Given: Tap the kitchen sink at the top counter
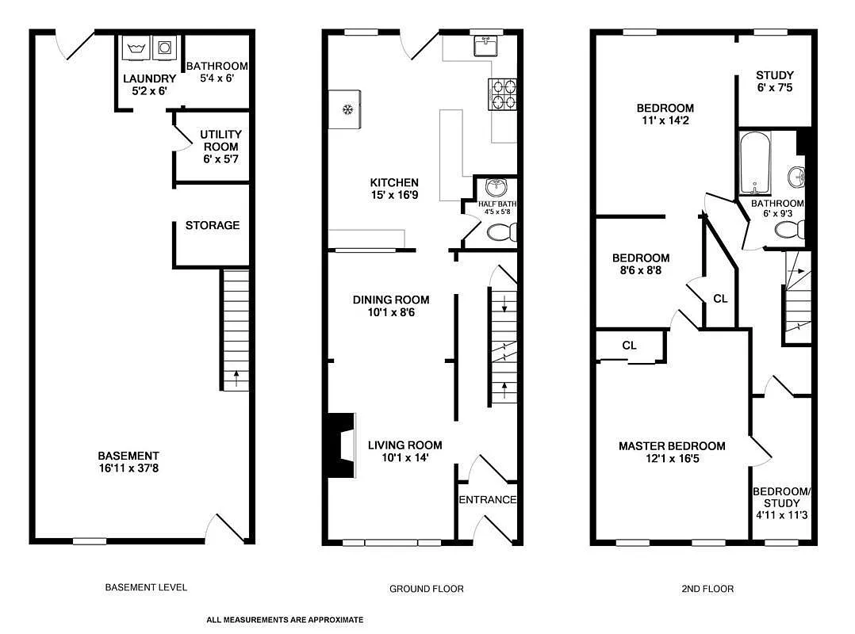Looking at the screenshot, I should (x=483, y=48).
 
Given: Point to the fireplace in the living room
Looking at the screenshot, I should (x=341, y=445).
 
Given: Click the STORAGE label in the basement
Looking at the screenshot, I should (x=213, y=225).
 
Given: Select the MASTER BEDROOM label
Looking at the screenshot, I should (x=672, y=446).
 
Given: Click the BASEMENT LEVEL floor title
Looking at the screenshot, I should (x=146, y=587).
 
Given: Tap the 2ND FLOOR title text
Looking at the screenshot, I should (x=707, y=589).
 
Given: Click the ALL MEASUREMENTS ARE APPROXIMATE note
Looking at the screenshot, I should (x=285, y=620).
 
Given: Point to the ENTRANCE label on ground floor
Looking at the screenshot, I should (x=488, y=499).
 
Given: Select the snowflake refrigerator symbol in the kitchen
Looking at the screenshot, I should (x=347, y=109).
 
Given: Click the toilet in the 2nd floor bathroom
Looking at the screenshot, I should (x=788, y=230).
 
